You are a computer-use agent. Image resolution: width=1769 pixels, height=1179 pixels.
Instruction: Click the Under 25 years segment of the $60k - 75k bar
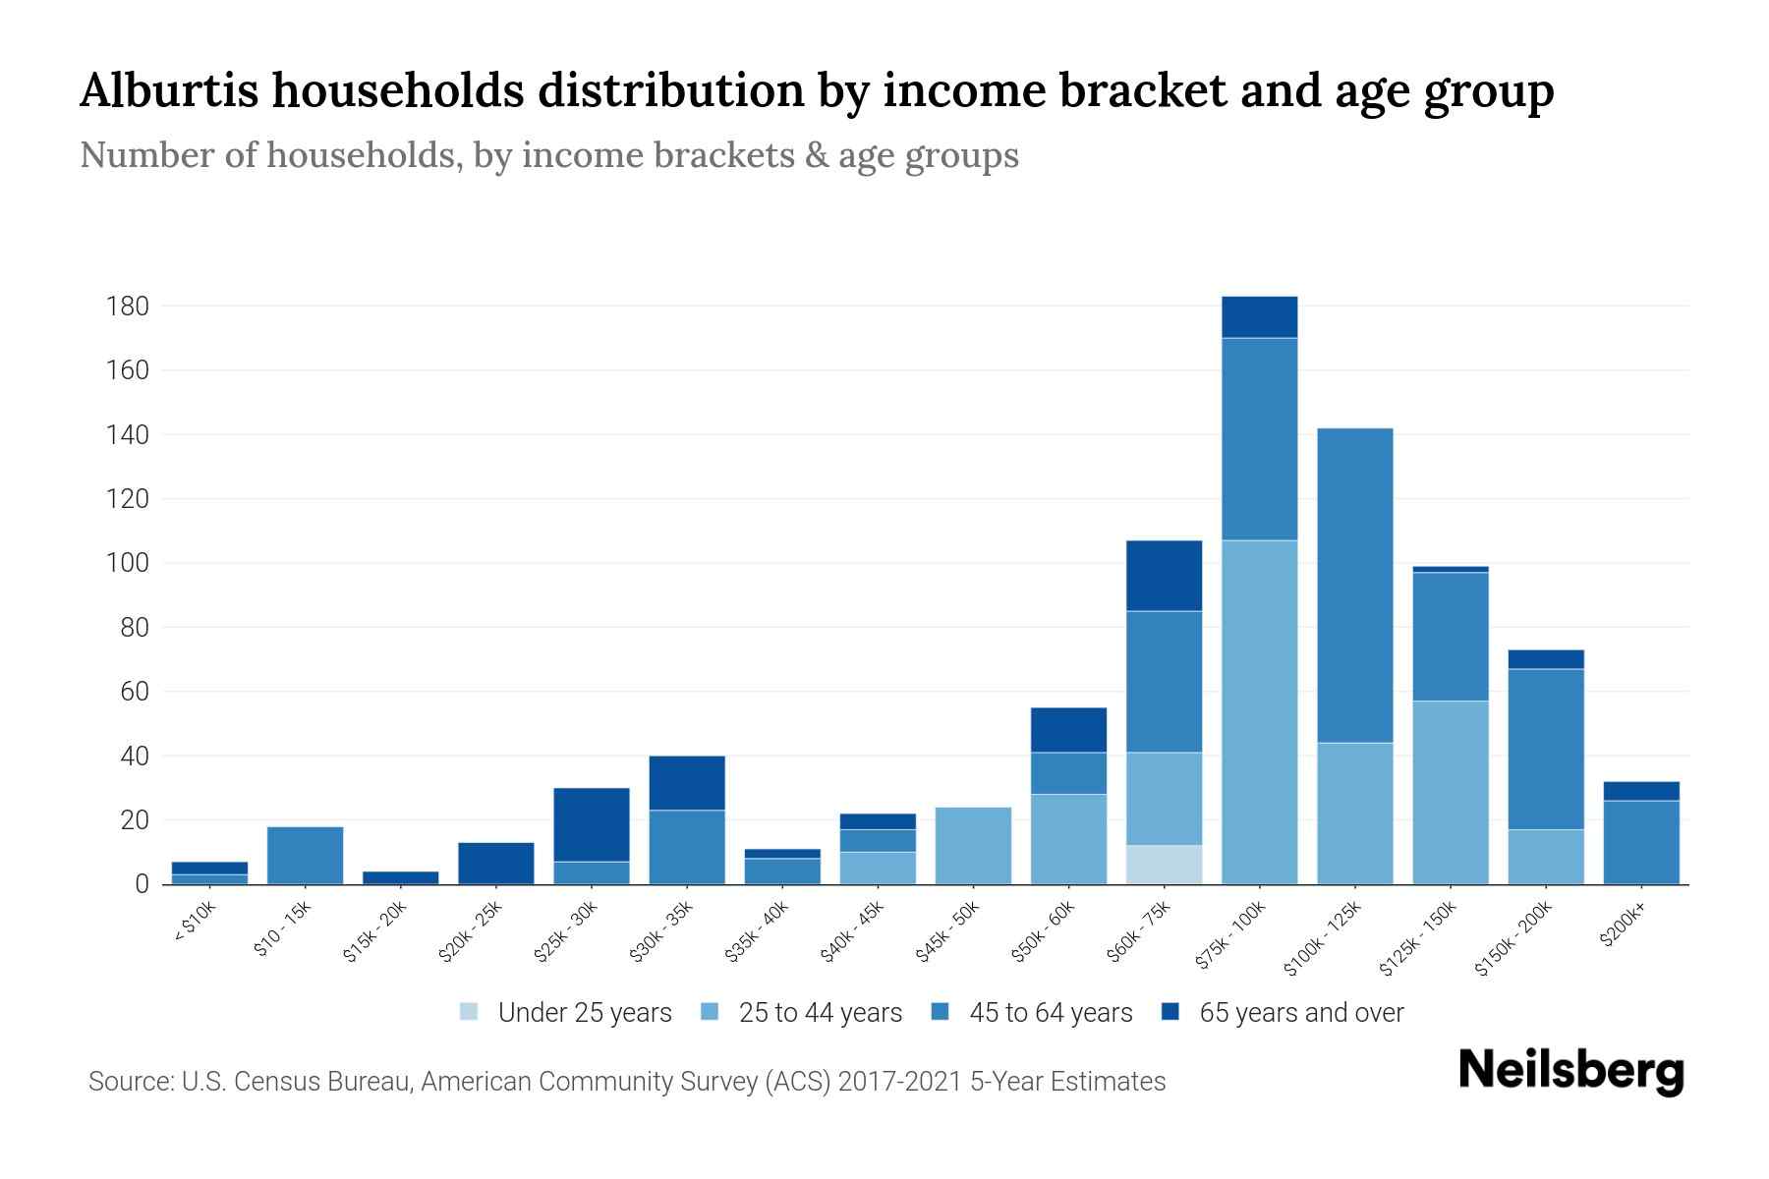(1165, 865)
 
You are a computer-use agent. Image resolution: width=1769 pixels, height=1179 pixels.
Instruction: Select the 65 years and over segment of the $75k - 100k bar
(1260, 317)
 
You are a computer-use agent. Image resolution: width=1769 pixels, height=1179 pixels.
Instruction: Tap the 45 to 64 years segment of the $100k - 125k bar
(1355, 586)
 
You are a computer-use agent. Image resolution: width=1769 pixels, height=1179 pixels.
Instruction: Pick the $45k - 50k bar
(973, 846)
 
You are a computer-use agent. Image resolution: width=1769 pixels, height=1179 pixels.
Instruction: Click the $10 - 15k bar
(306, 856)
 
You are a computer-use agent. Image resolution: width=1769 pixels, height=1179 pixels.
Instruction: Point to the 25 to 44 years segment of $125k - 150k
(1451, 792)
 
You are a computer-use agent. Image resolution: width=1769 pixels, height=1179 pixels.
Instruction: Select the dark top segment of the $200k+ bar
(1641, 791)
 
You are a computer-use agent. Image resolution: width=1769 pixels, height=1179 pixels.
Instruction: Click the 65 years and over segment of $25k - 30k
(592, 824)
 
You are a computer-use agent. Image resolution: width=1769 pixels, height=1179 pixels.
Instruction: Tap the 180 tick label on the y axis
(127, 307)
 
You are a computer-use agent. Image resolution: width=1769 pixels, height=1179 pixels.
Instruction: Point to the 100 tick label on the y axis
(127, 564)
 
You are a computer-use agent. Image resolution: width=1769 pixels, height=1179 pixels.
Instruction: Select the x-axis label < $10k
(196, 923)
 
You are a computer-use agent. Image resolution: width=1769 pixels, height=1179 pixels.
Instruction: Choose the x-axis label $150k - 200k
(1514, 940)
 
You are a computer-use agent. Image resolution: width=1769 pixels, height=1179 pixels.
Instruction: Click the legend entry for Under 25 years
(584, 1013)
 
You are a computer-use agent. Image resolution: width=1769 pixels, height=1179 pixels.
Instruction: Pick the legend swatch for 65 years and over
(1170, 1012)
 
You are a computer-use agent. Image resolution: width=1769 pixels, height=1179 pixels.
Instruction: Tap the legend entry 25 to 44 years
(820, 1013)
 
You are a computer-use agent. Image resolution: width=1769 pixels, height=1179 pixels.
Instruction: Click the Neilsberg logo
(1571, 1070)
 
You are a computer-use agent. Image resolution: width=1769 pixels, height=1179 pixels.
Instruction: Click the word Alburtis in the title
(169, 90)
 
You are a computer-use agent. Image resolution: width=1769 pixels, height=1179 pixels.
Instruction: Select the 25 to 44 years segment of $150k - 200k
(1546, 857)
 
